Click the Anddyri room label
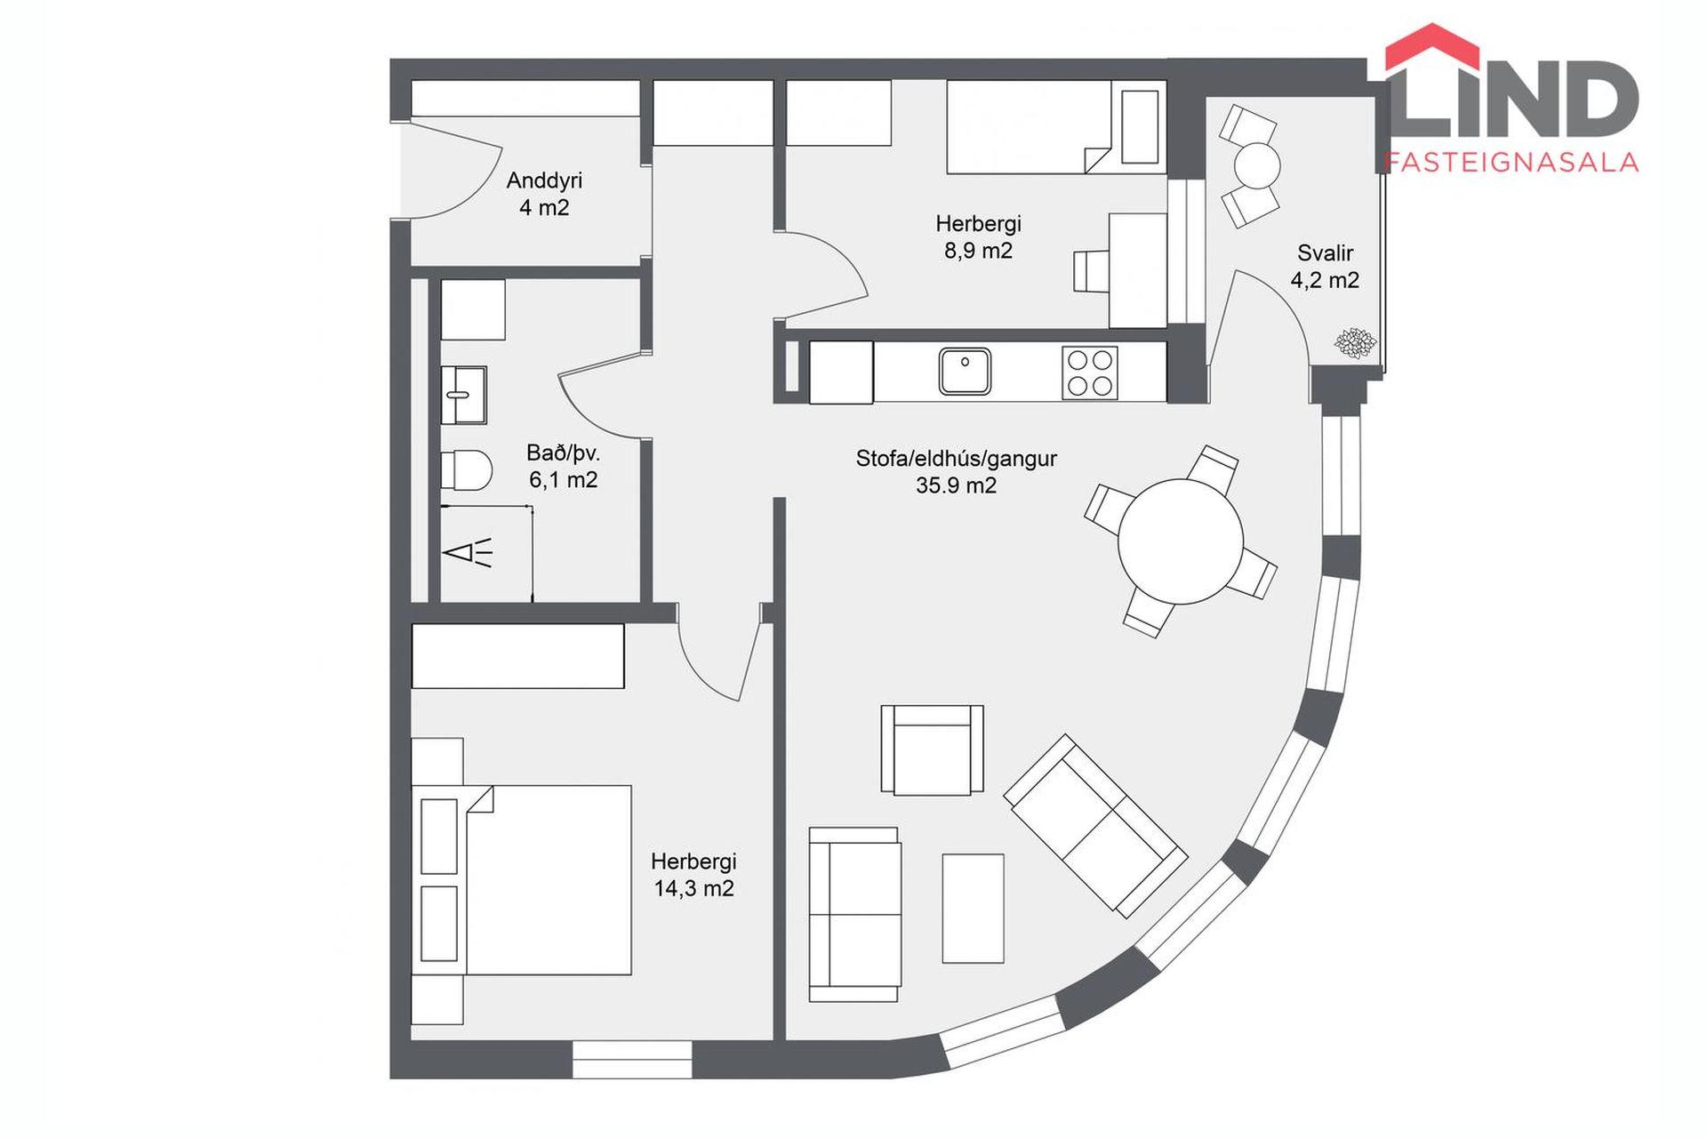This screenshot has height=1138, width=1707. click(544, 180)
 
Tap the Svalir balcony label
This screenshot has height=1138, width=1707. click(1325, 252)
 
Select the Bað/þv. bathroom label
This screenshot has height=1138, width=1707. click(564, 453)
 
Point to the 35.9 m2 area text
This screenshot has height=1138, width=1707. click(957, 485)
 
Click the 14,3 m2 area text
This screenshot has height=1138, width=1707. click(693, 888)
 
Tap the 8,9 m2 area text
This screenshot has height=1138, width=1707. click(978, 251)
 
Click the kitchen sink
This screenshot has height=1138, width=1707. click(965, 372)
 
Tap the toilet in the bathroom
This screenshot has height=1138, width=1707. click(467, 469)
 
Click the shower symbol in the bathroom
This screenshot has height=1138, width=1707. click(468, 552)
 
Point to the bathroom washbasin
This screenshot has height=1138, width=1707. click(464, 395)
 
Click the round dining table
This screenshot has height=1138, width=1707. click(1181, 541)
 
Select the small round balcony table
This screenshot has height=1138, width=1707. click(1257, 165)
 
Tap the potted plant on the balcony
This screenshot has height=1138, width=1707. click(1356, 343)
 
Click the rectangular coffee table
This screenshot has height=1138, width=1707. click(974, 909)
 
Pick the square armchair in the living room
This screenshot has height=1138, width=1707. click(932, 749)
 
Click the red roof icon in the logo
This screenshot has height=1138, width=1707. click(1432, 48)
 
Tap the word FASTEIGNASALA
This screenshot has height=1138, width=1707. click(1512, 162)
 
